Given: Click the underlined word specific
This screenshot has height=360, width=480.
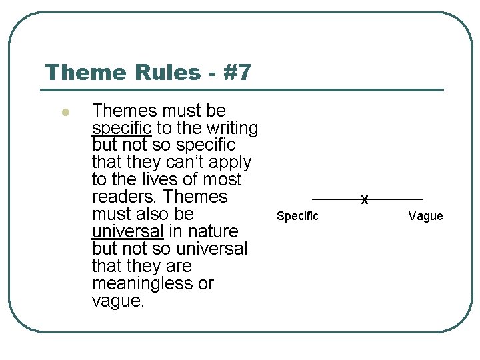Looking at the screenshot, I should (x=122, y=128).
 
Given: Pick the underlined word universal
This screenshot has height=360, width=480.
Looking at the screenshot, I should (x=127, y=231).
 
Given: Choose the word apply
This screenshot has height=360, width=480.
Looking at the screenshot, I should (x=231, y=162).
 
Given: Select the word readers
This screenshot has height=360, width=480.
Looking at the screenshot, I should (x=125, y=197).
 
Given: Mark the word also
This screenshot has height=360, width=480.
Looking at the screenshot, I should (x=155, y=214).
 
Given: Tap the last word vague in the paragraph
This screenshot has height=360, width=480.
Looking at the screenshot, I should (x=117, y=301).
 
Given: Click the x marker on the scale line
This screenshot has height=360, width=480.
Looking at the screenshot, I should (x=365, y=199).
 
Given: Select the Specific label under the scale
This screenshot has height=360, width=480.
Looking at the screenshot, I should (x=297, y=216).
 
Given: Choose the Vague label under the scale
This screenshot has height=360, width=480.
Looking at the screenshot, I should (x=425, y=216).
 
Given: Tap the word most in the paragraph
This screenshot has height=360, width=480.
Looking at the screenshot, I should (x=222, y=179).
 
